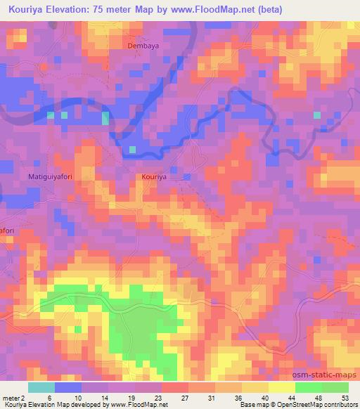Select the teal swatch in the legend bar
(41, 387)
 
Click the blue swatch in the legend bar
(68, 387)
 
